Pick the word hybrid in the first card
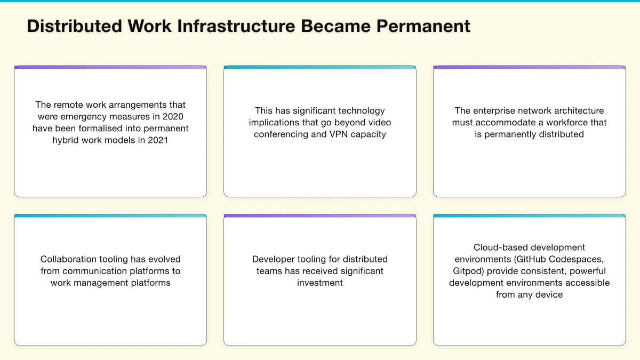(66, 140)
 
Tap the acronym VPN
(335, 134)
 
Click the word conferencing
(282, 134)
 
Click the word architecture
(580, 110)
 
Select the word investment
(320, 283)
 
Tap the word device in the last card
(550, 294)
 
